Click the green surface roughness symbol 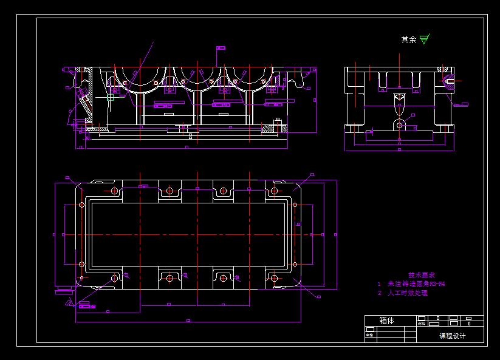click(423, 40)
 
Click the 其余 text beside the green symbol click(409, 39)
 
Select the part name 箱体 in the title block click(386, 321)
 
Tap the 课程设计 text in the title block click(452, 336)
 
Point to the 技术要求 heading click(421, 275)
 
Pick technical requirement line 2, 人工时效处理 click(404, 293)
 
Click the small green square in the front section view click(110, 97)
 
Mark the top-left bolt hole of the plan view click(114, 191)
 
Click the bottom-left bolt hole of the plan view click(114, 278)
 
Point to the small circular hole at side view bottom click(400, 126)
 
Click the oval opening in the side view click(399, 109)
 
